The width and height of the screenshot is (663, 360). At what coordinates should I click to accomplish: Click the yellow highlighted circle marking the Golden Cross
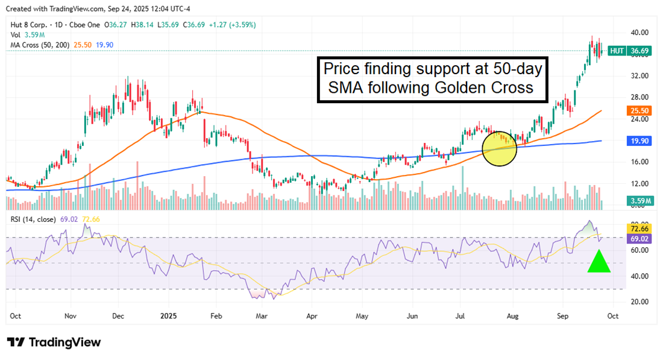[500, 148]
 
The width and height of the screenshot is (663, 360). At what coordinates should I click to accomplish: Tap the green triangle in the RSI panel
[599, 262]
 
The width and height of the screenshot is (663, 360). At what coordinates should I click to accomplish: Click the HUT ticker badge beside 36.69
[617, 51]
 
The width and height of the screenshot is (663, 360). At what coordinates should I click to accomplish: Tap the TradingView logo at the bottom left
[54, 342]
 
